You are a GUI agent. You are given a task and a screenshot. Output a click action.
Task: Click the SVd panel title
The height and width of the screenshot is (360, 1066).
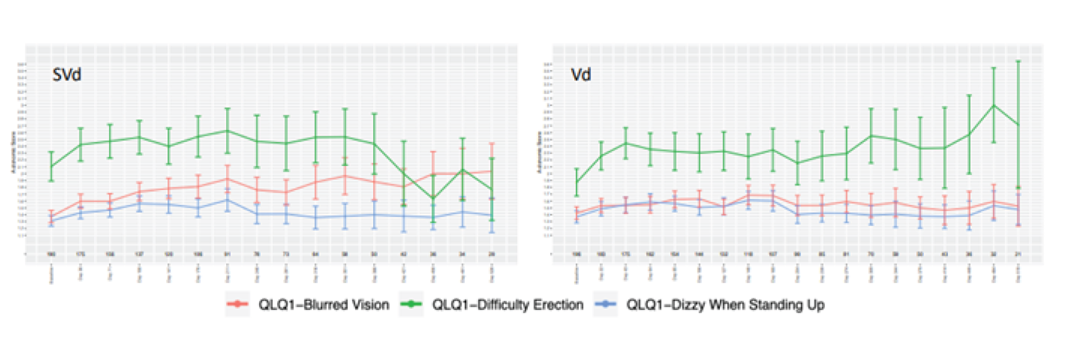tap(67, 75)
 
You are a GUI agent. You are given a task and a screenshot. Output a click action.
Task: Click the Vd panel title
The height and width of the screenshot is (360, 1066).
tap(581, 75)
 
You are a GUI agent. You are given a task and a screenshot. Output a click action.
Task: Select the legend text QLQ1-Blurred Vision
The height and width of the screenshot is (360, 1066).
tap(324, 305)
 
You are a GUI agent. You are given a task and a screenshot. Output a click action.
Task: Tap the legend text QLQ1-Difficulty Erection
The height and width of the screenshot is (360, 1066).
tap(508, 305)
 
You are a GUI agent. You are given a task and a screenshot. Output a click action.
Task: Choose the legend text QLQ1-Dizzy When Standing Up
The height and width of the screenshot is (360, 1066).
tap(725, 305)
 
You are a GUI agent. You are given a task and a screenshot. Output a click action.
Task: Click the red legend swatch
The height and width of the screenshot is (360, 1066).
tap(238, 304)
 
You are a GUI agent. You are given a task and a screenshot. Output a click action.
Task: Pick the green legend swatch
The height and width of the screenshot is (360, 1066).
tap(412, 304)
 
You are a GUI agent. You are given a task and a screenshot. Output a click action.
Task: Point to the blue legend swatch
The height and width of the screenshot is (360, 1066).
tap(606, 304)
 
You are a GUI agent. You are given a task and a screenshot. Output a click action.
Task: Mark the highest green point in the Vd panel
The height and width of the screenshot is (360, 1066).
tap(993, 105)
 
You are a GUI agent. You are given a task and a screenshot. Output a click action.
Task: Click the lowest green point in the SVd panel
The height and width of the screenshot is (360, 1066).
tap(433, 198)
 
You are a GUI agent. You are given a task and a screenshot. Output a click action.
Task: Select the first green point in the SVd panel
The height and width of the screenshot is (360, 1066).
tap(51, 166)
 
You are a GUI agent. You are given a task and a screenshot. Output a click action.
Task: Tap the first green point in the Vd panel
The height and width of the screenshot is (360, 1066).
tap(577, 181)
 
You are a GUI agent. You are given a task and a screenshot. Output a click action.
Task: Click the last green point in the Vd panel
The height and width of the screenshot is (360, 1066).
tap(1018, 125)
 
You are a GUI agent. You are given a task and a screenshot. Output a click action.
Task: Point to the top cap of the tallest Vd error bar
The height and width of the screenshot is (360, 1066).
tap(1018, 61)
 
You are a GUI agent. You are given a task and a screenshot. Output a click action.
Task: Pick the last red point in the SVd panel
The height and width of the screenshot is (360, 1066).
tap(492, 171)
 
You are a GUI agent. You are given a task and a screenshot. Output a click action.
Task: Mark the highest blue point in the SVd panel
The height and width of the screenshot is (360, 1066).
tap(228, 200)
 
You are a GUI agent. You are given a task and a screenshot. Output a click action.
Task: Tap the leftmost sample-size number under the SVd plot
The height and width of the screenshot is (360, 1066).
tap(51, 254)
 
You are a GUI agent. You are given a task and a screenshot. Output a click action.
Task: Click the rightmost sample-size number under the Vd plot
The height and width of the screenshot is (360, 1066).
tap(1018, 254)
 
